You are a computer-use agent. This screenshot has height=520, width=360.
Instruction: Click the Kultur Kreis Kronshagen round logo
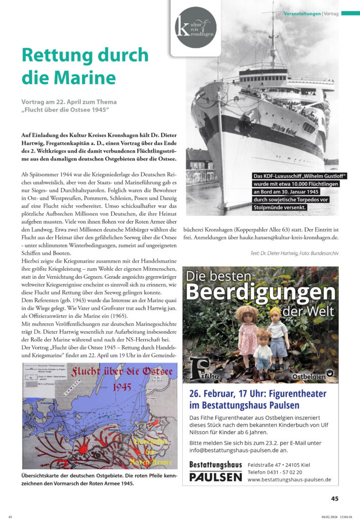pos(195,27)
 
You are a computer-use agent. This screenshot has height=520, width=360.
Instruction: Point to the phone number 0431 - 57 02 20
pos(275,472)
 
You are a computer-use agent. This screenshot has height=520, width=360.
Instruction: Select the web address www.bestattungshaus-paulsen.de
pos(289,479)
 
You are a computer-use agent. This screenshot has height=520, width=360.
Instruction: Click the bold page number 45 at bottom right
pos(335,498)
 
